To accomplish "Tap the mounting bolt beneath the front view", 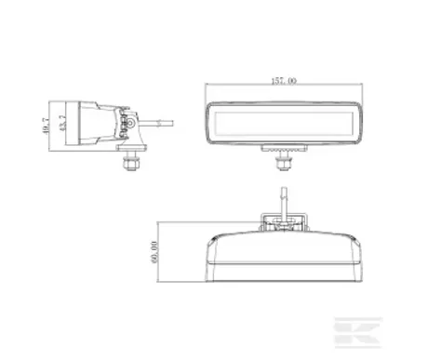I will point(280,160).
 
